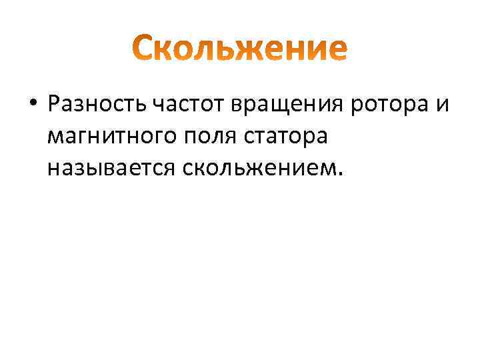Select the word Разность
(x=97, y=104)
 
